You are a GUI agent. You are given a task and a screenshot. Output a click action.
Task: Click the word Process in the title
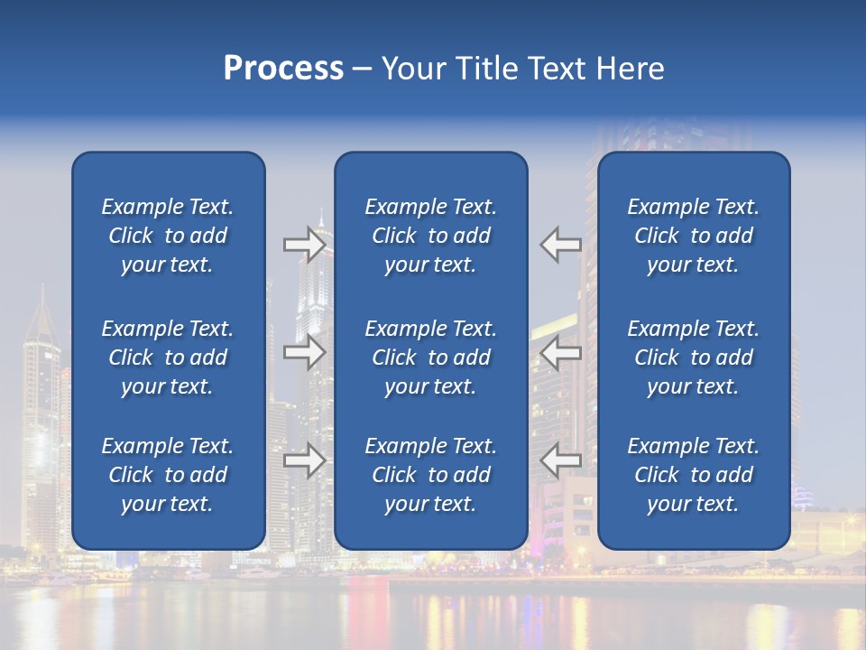click(x=283, y=69)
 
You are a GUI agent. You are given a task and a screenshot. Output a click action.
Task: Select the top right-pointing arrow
click(x=304, y=245)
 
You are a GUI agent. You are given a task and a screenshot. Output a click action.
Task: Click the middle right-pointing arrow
click(x=304, y=352)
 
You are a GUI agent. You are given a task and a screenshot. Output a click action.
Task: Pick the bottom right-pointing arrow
click(x=304, y=460)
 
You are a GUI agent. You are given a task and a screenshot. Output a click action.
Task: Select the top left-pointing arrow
click(x=561, y=245)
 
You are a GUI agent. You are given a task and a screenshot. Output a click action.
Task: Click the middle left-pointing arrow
click(x=561, y=352)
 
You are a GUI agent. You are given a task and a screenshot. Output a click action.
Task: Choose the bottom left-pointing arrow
click(x=561, y=460)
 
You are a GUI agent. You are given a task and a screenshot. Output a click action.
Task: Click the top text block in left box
click(x=168, y=236)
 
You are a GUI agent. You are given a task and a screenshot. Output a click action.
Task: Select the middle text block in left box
click(x=168, y=357)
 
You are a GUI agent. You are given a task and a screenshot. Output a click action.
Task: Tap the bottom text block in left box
click(x=168, y=475)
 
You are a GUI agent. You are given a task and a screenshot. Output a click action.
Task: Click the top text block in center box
click(x=430, y=236)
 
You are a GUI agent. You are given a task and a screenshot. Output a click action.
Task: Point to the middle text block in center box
click(x=430, y=357)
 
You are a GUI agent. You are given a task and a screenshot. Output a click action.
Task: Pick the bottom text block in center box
click(x=430, y=475)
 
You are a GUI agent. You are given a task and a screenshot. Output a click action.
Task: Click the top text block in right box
click(x=693, y=236)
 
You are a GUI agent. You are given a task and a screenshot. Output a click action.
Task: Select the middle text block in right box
click(x=693, y=357)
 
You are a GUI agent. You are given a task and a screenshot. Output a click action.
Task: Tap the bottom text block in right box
click(x=693, y=475)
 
